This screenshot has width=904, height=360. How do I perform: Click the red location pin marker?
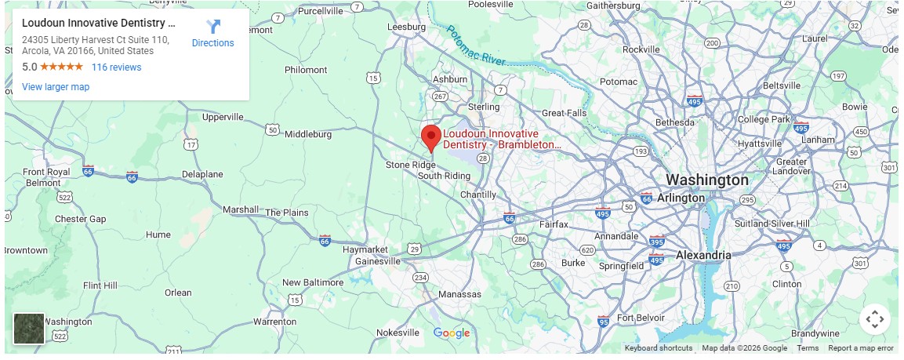point(430,137)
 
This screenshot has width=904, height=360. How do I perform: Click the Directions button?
point(212,35)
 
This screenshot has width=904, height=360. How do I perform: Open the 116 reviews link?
point(116,67)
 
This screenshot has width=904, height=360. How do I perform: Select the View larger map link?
point(56,86)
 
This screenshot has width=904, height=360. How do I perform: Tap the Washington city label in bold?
point(707,180)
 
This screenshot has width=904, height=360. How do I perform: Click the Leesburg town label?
point(407,27)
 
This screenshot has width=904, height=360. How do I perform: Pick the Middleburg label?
point(308,134)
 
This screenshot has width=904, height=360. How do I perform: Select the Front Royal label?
point(46,172)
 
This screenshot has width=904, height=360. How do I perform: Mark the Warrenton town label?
point(275,322)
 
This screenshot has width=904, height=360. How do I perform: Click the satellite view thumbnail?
point(29,329)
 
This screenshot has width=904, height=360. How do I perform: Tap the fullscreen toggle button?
point(875,319)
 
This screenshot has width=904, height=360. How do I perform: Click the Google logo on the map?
point(452,333)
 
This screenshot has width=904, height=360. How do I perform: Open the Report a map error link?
point(861,348)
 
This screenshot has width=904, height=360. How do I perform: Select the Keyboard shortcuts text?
point(659,348)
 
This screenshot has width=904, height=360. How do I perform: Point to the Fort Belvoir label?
point(641,318)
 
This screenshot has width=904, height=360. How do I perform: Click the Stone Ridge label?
point(410,165)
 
